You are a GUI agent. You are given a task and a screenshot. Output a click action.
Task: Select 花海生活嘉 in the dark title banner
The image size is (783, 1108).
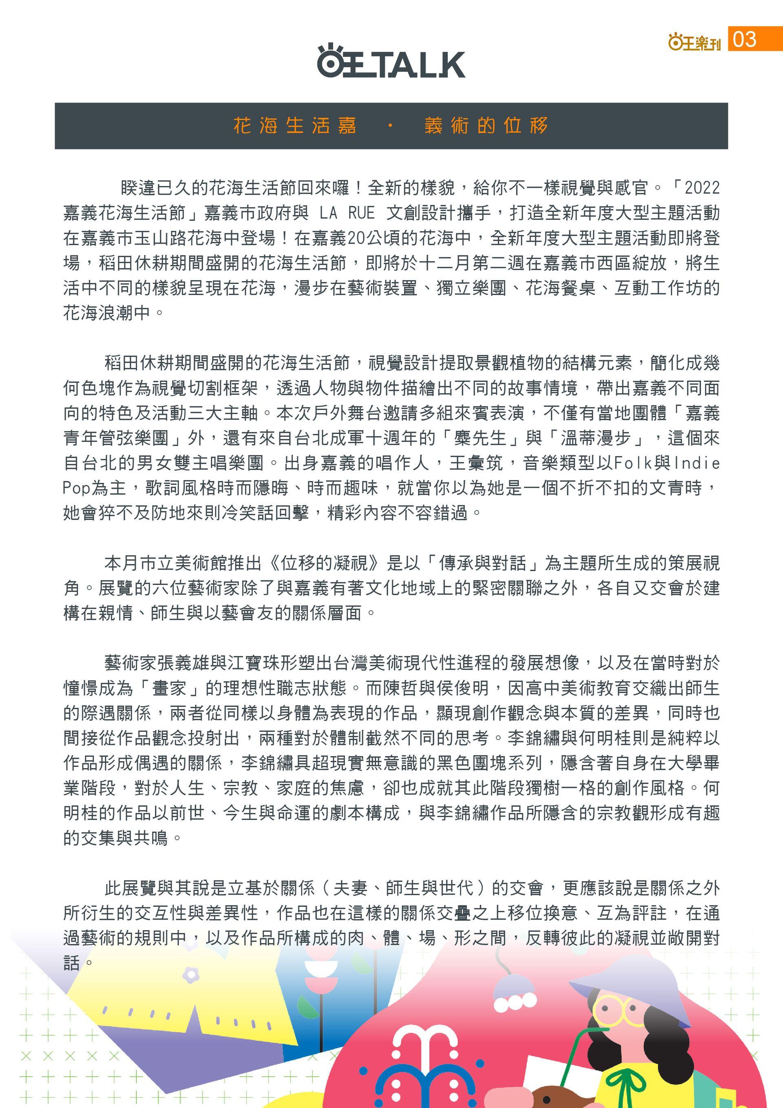[295, 126]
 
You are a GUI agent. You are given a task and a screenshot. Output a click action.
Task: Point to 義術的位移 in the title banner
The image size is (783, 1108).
[486, 126]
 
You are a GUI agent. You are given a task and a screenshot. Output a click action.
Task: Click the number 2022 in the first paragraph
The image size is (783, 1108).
[702, 187]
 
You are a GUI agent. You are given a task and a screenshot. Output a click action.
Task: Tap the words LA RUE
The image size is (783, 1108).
[347, 213]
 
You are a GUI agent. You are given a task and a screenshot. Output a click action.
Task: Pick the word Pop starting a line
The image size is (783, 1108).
[77, 488]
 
